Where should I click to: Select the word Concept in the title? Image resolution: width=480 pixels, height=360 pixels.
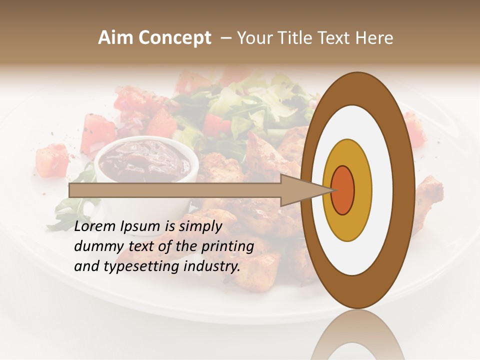coord(174,38)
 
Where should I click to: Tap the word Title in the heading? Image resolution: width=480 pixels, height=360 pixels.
coord(299,38)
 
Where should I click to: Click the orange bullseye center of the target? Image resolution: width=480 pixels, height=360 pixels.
coord(342,190)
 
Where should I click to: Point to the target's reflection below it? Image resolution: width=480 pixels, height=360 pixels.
coord(357,335)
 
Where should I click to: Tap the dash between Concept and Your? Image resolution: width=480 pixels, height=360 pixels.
coord(225,38)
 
